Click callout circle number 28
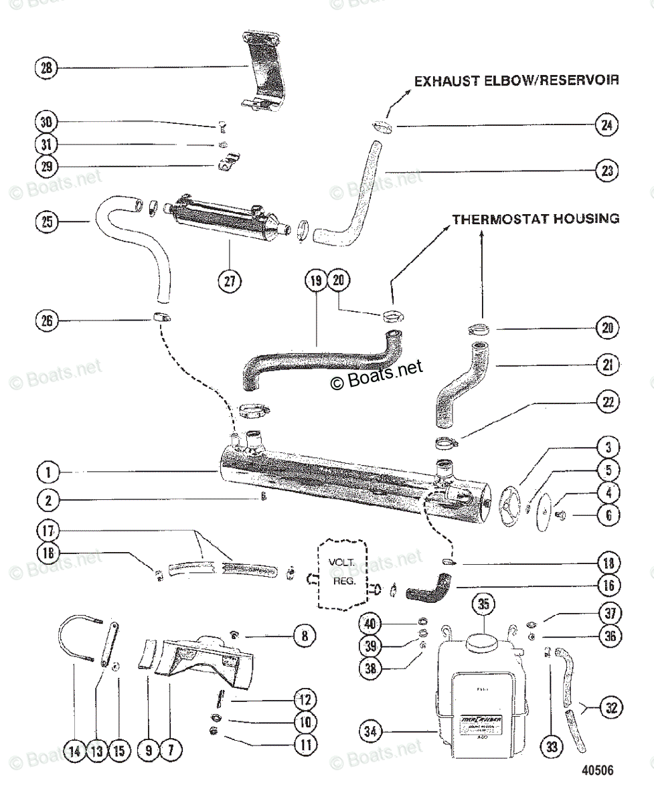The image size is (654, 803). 47,68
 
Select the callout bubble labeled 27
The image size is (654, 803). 230,280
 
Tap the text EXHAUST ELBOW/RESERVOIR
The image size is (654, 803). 516,81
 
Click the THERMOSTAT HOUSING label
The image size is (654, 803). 536,219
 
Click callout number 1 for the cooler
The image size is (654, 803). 47,473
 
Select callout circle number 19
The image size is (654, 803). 316,281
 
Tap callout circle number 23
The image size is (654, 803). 606,170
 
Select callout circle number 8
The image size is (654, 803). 305,636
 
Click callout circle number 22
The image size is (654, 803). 606,403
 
